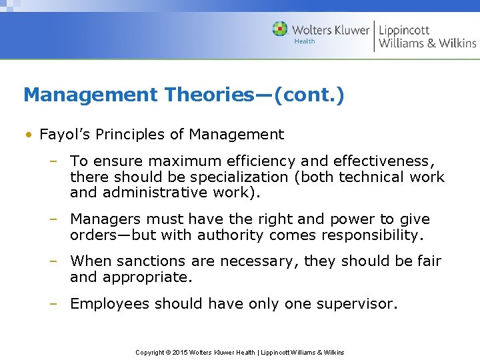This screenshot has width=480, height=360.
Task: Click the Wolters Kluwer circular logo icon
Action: [x=280, y=29]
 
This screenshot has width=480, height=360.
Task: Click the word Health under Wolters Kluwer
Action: [x=305, y=41]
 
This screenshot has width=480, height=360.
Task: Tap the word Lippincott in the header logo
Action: [x=404, y=30]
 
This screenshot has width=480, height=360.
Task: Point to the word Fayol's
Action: [x=65, y=135]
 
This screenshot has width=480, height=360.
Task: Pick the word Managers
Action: [x=105, y=219]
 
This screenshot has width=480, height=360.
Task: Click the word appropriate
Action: [x=147, y=277]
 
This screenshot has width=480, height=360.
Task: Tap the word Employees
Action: [x=110, y=304]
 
